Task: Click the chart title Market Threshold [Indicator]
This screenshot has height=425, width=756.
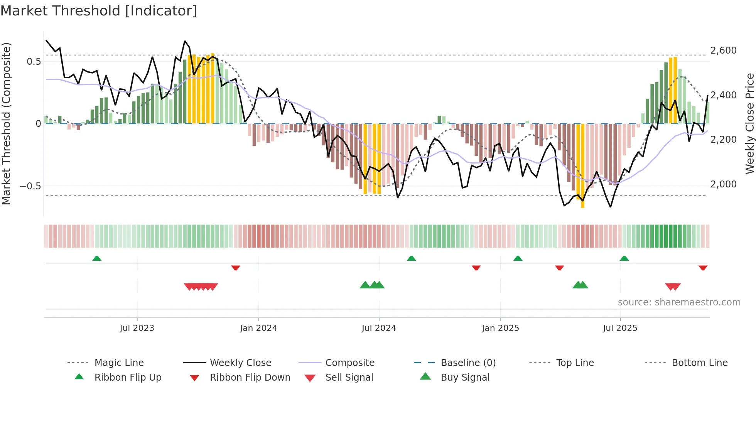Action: (x=99, y=10)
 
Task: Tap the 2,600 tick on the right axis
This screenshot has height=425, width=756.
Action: (x=723, y=51)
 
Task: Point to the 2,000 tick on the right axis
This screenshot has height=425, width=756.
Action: (x=723, y=184)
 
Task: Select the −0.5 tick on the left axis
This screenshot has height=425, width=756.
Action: (x=30, y=186)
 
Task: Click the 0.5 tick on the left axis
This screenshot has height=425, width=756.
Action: (x=34, y=62)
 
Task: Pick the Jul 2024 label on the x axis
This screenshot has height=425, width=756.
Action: (x=378, y=328)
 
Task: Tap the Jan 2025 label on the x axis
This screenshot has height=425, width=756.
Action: (x=500, y=328)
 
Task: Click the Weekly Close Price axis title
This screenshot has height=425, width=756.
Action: (x=749, y=123)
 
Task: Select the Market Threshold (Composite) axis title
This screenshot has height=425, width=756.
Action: (x=6, y=123)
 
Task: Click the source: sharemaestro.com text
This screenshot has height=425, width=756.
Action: (x=679, y=302)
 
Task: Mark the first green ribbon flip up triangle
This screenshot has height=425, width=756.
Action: (x=97, y=258)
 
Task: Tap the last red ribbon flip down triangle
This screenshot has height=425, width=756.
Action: (x=703, y=268)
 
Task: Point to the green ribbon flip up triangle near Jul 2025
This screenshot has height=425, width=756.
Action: (x=624, y=258)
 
